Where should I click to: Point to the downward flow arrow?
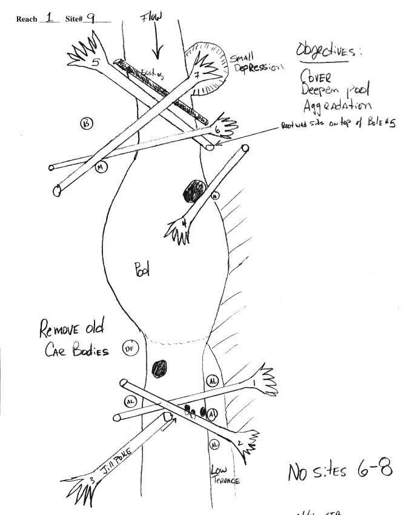157,45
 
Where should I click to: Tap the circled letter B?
87,124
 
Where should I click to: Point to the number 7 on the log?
198,75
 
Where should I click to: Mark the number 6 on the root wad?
217,130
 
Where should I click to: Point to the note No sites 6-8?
340,470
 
